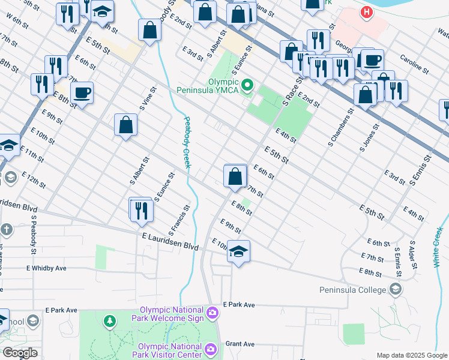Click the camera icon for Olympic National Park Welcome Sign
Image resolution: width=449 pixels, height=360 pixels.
point(212,312)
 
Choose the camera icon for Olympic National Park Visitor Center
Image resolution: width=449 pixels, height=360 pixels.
point(211,349)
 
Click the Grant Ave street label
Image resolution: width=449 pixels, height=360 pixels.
point(240,344)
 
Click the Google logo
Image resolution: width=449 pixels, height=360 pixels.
point(20,353)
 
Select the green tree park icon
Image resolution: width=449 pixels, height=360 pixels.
point(109,322)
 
